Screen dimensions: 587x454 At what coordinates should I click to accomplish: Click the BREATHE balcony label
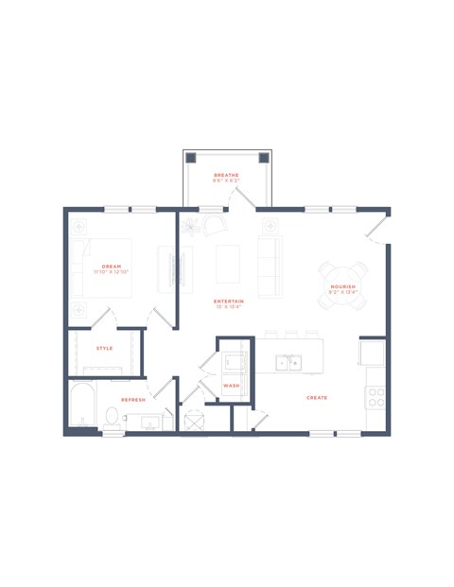[226, 175]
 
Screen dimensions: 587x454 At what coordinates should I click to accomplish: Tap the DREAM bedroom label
[112, 267]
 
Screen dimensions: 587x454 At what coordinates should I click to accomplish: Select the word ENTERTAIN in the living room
[229, 302]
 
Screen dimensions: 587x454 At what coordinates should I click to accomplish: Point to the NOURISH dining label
[342, 286]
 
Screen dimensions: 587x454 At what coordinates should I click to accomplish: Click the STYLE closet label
[104, 348]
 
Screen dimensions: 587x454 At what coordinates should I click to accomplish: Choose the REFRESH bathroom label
[133, 400]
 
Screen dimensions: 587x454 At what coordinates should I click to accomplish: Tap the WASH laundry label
[231, 387]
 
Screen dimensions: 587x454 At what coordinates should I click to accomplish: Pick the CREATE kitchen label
[317, 398]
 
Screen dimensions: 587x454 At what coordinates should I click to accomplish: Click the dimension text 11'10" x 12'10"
[112, 272]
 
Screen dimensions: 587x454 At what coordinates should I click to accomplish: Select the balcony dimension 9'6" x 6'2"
[226, 181]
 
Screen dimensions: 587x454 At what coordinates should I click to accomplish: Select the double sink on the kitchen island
[288, 362]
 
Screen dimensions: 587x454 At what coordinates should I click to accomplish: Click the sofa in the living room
[270, 266]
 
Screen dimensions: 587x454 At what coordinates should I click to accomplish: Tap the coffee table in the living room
[228, 265]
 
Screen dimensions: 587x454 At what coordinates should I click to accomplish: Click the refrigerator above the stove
[372, 352]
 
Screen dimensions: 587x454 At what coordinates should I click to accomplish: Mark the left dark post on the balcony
[190, 158]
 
